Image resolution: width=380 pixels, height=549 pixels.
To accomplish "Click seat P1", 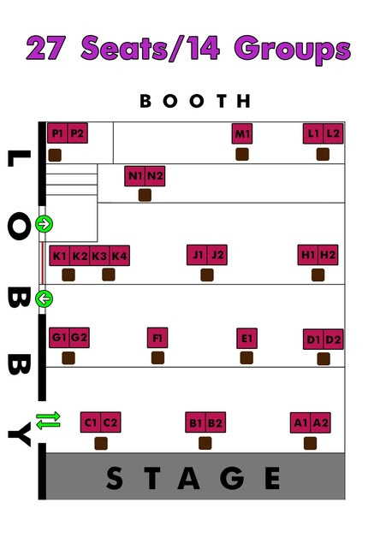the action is [57, 133].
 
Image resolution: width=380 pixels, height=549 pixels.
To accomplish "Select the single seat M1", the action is [242, 133].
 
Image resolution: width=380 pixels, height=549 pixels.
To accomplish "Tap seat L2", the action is [333, 133].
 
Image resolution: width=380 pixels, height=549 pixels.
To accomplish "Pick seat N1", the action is [135, 176].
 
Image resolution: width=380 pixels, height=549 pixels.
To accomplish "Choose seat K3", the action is [99, 256].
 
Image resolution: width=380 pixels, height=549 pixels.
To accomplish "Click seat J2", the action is [217, 255].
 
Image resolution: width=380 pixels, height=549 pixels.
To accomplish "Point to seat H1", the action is [308, 255].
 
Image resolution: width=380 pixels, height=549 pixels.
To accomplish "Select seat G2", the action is [80, 338].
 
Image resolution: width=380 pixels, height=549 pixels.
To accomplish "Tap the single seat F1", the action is [157, 338].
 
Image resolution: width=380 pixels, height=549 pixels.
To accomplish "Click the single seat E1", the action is [246, 339].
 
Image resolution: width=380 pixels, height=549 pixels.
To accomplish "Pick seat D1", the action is [313, 339].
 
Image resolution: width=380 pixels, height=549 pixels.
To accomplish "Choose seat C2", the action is [110, 422].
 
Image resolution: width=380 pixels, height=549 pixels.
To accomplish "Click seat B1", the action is [196, 422].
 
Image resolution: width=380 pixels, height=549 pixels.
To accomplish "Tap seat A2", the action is [320, 422].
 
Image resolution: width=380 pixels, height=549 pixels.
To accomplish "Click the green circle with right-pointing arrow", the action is [45, 224].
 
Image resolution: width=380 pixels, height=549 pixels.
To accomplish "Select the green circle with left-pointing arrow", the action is [45, 299].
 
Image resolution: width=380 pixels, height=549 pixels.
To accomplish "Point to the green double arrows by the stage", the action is [49, 421].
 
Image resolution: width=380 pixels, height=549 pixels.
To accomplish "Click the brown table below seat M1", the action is [242, 155].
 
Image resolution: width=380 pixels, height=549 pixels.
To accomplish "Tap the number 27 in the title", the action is [46, 48].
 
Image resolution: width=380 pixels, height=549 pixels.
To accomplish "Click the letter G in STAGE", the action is [232, 477].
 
